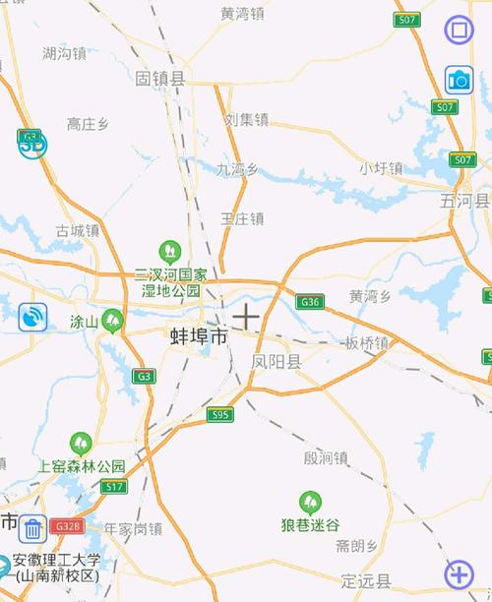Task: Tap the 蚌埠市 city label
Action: point(199,336)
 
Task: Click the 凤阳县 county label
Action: point(277,362)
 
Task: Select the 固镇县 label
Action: point(160,78)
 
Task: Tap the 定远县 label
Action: point(365,579)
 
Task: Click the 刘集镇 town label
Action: point(246,120)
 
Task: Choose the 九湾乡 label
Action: point(237,169)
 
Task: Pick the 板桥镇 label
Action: point(367,343)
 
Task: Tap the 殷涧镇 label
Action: point(326,457)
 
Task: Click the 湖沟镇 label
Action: point(64,53)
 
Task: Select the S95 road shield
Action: point(220,415)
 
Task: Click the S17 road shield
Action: point(114,487)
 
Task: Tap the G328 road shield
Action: point(67,526)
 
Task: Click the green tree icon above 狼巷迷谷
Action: point(311,502)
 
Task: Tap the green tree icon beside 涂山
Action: point(113,320)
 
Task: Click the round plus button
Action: point(459,572)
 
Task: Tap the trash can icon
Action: point(32,528)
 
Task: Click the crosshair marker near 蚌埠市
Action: point(246,316)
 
